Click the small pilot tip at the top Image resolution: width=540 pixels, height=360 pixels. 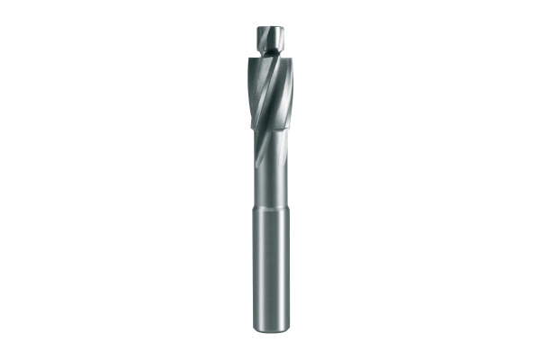tap(271, 40)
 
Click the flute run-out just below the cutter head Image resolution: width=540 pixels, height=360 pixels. tap(266, 148)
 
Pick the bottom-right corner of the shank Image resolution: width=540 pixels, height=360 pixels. tap(288, 328)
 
